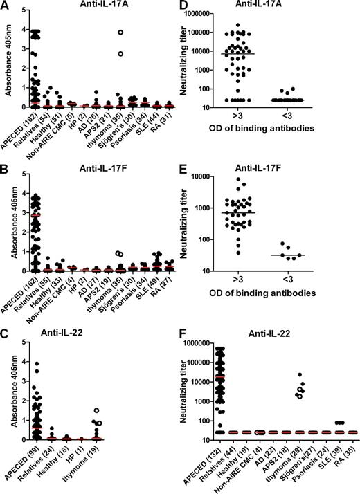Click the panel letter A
[6, 6]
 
